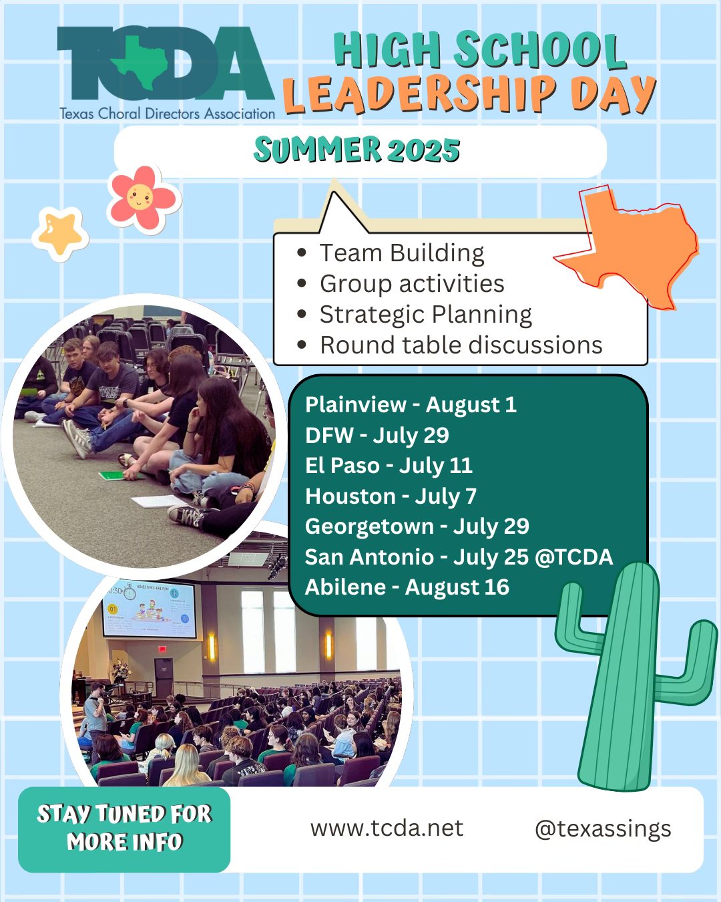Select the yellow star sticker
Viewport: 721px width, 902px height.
click(60, 233)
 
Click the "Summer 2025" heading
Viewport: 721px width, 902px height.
click(357, 150)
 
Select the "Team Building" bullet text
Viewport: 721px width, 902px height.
click(402, 253)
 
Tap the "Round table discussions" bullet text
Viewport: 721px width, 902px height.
click(461, 345)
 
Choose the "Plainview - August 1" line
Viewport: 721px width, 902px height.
click(411, 404)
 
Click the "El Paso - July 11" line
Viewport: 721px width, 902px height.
click(389, 465)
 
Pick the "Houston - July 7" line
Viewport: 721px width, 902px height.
click(391, 496)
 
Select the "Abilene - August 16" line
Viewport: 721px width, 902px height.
click(407, 587)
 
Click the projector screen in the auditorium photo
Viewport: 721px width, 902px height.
click(150, 608)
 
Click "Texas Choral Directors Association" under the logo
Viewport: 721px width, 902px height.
click(167, 114)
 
